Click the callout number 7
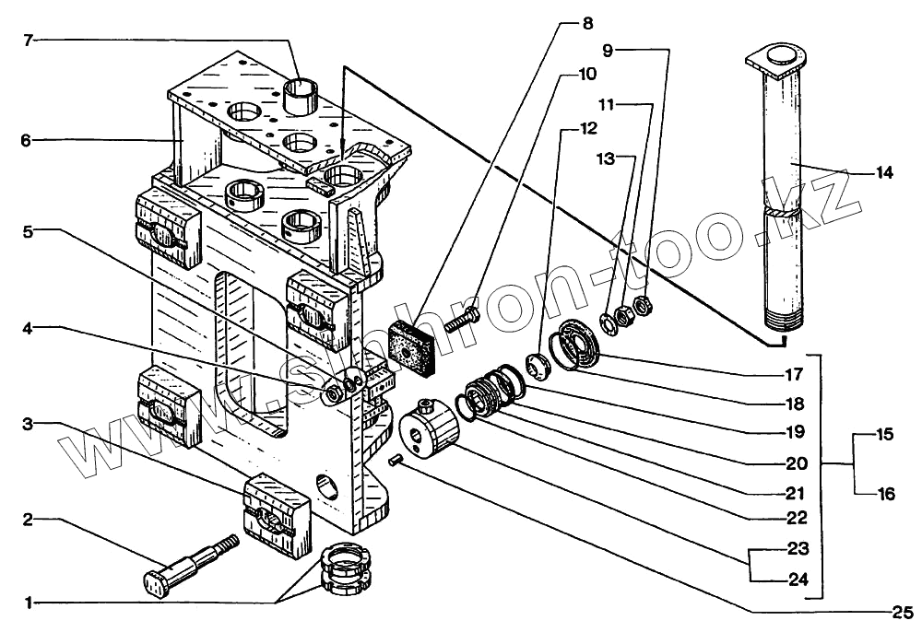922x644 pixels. (x=28, y=40)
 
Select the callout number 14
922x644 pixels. (x=884, y=172)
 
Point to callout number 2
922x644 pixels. (x=28, y=520)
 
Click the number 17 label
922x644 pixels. (x=792, y=375)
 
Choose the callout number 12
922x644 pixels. (x=587, y=127)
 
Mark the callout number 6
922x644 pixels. (x=27, y=140)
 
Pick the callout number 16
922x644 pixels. (x=886, y=494)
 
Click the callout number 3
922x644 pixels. (x=28, y=424)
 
